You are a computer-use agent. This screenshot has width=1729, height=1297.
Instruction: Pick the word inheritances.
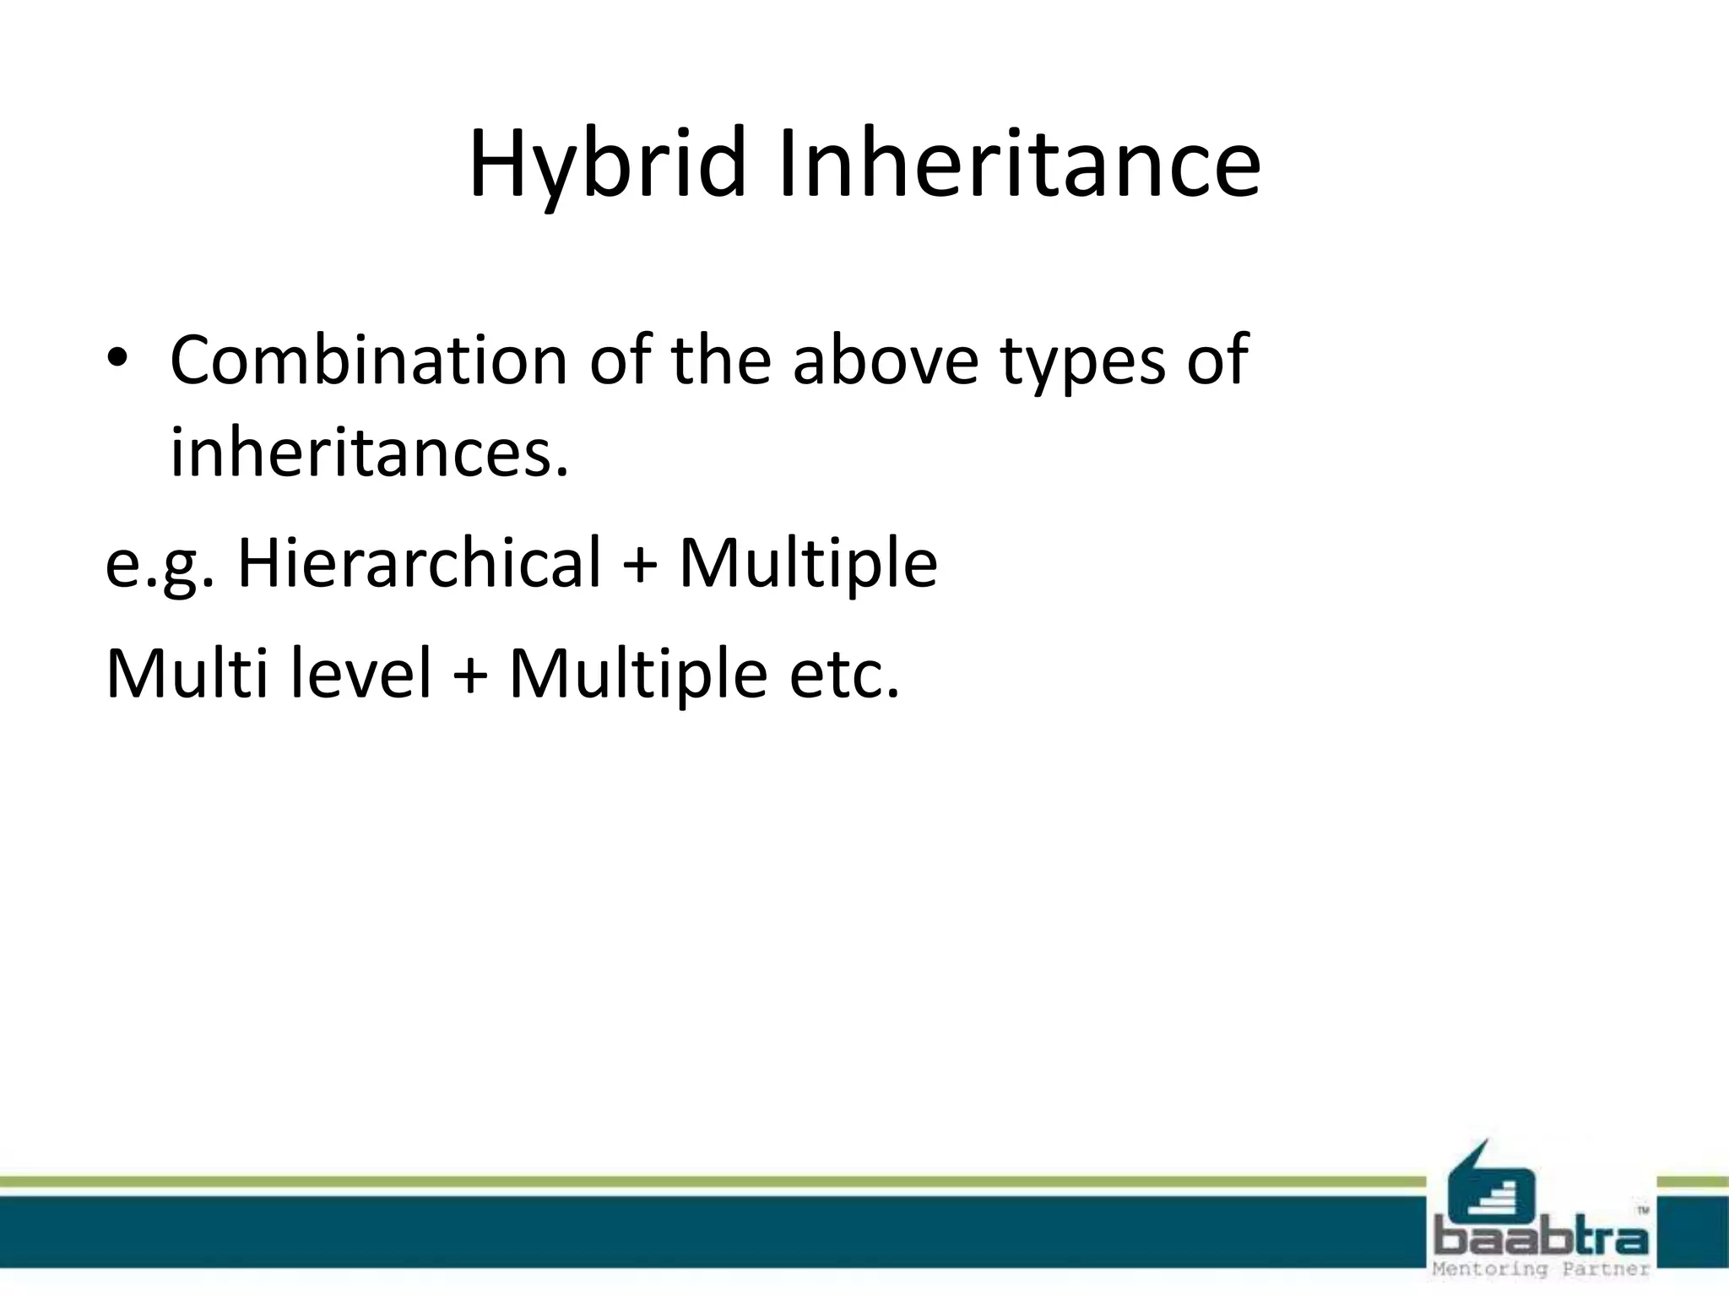369,453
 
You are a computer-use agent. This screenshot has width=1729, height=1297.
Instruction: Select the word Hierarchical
420,562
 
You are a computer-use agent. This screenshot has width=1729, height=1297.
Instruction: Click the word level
361,674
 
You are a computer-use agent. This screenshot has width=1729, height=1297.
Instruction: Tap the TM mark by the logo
1643,1211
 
